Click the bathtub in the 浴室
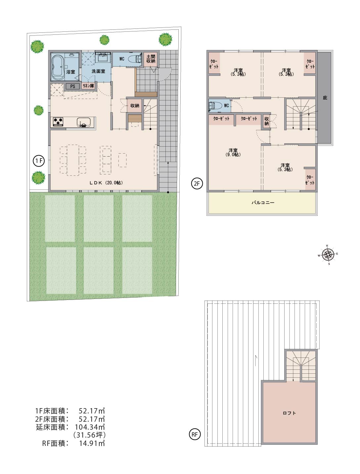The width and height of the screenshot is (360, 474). [58, 67]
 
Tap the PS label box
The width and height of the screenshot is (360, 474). [73, 86]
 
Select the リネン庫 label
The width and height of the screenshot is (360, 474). [88, 86]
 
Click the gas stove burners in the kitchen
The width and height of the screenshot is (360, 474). [58, 121]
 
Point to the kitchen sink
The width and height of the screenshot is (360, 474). [84, 122]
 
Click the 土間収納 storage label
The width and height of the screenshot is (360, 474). [151, 59]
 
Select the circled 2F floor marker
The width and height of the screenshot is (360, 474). [197, 184]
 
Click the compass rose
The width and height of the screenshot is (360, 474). [328, 255]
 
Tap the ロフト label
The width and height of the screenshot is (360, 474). [289, 413]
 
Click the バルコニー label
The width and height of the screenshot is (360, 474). [263, 203]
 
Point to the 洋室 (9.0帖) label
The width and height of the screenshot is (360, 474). [233, 153]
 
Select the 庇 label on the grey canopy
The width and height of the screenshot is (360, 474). [325, 98]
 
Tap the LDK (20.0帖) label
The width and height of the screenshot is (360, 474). [106, 183]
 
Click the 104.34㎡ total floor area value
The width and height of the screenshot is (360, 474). [90, 427]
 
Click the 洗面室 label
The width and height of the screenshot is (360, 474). [98, 71]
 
